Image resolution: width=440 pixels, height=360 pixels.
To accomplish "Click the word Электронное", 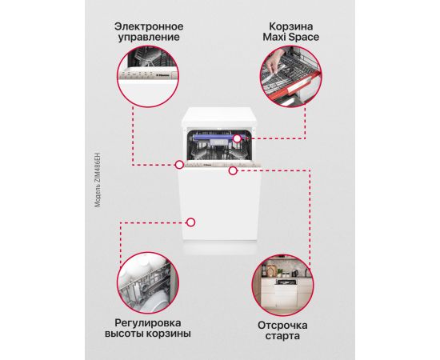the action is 149,26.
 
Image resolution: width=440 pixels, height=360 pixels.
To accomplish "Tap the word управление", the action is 149,38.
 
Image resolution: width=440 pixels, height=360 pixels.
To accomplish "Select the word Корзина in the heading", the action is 291,26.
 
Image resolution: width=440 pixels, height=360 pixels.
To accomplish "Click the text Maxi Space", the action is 290,37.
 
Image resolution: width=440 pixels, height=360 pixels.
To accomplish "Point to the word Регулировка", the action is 148,323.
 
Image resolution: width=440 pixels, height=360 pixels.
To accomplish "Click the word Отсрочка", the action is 282,326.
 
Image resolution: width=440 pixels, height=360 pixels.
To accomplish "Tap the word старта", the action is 282,336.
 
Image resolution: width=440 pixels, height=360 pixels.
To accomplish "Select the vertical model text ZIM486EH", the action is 98,180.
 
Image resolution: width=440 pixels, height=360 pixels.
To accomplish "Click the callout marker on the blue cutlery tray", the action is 237,138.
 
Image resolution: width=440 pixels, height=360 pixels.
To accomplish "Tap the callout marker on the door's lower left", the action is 191,222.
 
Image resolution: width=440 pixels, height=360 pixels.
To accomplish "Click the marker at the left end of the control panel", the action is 179,165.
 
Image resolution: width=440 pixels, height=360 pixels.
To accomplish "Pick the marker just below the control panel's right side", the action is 233,170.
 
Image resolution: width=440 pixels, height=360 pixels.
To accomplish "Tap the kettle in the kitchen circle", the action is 294,274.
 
